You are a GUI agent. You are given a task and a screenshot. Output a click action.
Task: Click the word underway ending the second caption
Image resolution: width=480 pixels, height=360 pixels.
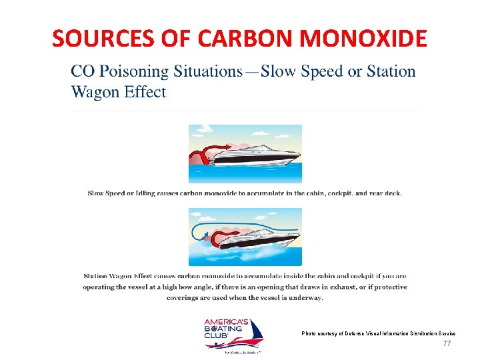(x=307, y=297)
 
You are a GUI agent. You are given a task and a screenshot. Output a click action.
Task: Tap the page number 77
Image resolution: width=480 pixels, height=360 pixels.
(x=447, y=343)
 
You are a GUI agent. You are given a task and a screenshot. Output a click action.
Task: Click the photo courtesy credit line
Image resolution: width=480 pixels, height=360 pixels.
(x=378, y=333)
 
